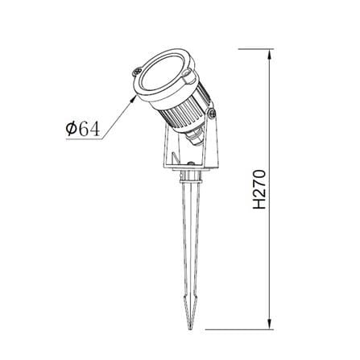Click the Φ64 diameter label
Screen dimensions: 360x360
point(83,128)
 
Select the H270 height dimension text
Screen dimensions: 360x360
point(259,189)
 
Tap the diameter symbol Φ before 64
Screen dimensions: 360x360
point(71,128)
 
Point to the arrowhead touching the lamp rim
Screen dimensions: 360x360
point(134,98)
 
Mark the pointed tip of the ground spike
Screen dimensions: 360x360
point(191,328)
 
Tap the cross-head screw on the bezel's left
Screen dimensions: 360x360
point(137,72)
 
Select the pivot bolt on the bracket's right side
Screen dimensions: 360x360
point(212,114)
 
